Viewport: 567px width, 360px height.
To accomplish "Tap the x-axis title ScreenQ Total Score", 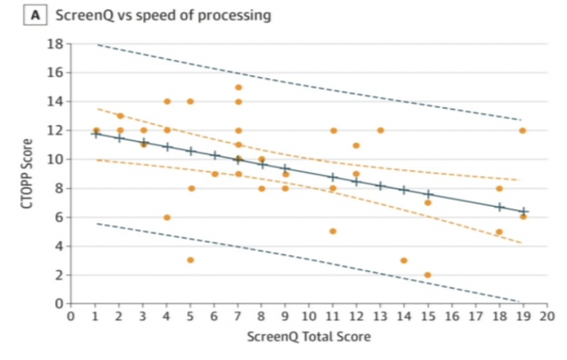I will [308, 337].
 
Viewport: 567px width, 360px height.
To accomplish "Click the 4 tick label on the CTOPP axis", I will [57, 246].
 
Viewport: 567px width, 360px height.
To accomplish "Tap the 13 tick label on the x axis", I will [380, 316].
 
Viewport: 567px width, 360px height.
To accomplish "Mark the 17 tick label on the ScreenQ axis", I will [476, 316].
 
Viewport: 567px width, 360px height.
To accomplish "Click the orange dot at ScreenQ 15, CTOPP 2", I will [428, 275].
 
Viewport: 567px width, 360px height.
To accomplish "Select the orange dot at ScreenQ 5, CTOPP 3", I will [190, 260].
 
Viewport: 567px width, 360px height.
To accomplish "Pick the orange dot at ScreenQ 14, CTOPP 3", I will [404, 261].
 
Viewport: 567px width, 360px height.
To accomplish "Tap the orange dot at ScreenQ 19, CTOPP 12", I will [523, 130].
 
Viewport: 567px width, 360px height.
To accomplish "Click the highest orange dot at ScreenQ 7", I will [238, 87].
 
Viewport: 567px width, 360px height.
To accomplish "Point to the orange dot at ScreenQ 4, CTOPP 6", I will [167, 217].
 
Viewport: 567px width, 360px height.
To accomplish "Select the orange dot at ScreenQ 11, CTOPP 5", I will [333, 231].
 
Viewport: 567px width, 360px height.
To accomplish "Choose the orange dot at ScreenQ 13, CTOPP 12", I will [380, 130].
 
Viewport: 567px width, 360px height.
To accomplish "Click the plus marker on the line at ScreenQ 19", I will [523, 211].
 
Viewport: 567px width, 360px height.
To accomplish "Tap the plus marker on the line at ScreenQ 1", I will [96, 134].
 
